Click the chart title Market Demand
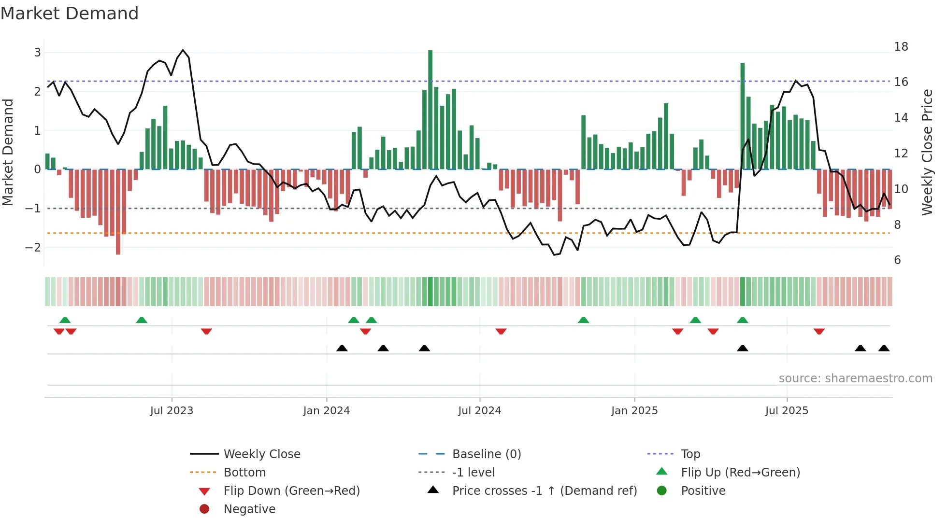tap(70, 14)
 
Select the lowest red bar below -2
tap(118, 212)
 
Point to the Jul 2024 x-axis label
tap(479, 411)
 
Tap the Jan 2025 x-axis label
tap(634, 411)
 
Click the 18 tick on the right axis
tap(901, 47)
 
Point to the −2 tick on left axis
tap(33, 248)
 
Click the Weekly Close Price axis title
tap(927, 152)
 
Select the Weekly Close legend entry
tap(261, 454)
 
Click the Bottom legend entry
tap(244, 473)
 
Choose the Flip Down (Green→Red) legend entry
tap(291, 491)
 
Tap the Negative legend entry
tap(249, 509)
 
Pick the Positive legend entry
tap(703, 491)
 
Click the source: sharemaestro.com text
tap(855, 378)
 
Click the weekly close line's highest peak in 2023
tap(183, 50)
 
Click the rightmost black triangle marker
tap(884, 348)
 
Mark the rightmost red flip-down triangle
tap(819, 331)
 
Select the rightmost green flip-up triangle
tap(743, 320)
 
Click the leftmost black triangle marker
tap(342, 348)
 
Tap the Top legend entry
tap(690, 454)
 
